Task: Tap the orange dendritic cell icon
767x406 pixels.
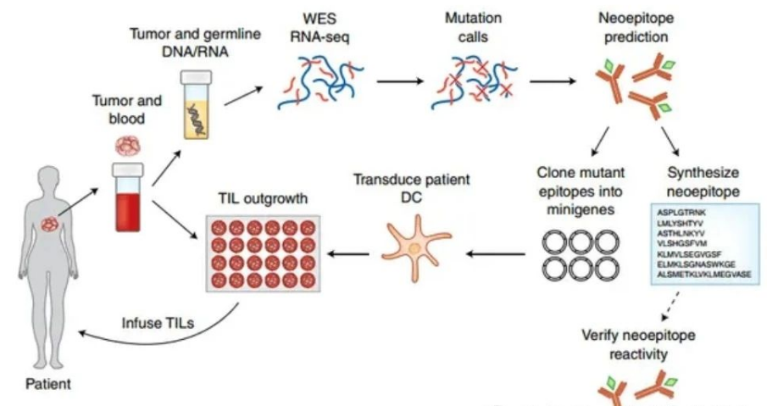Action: point(414,239)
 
